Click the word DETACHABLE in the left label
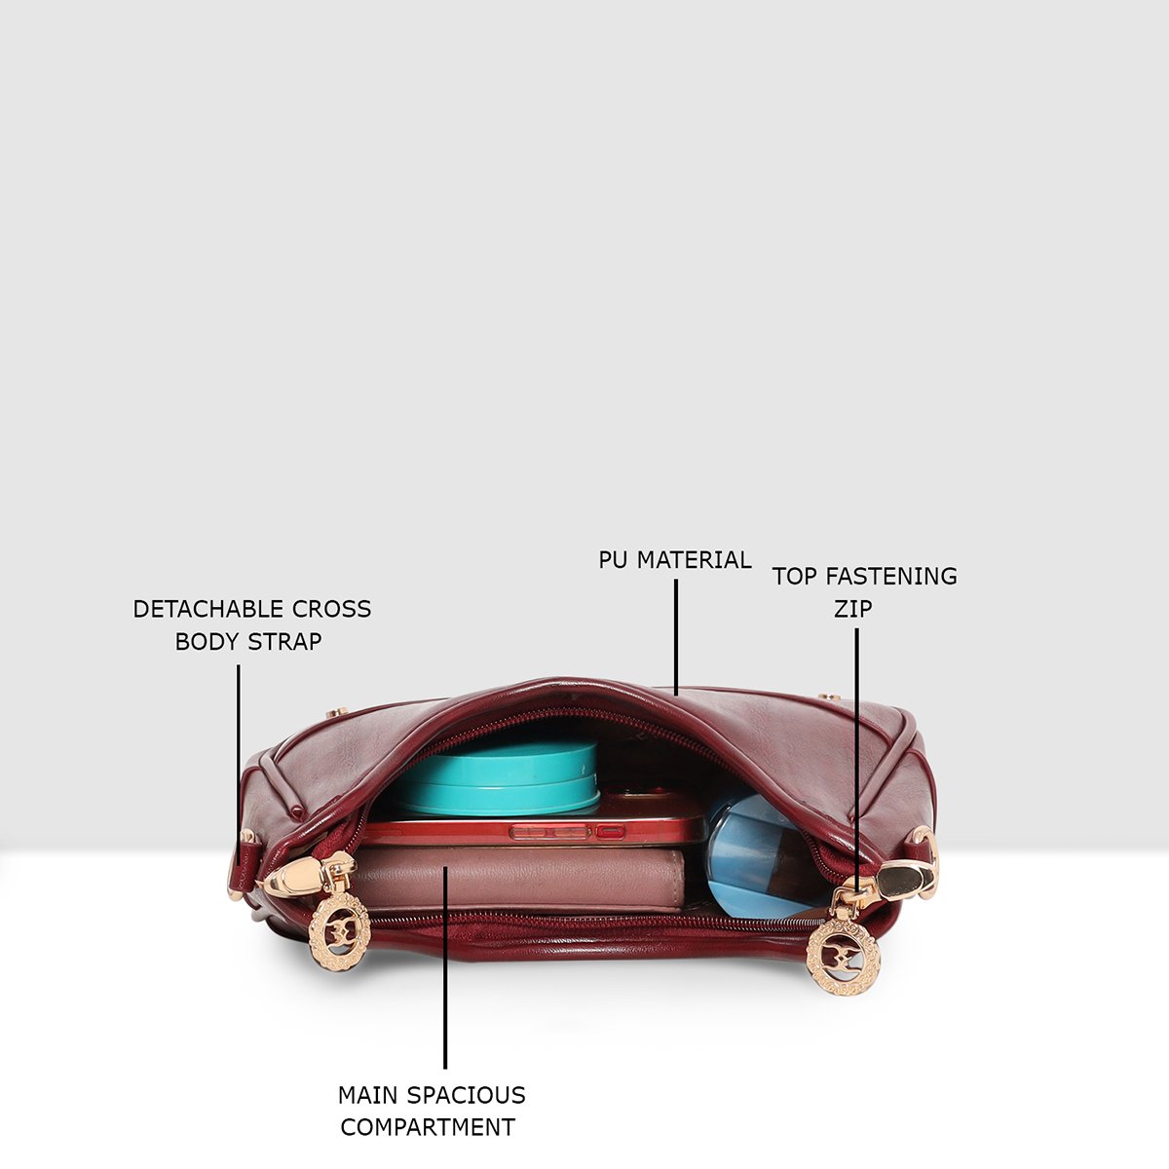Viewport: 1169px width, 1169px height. click(x=208, y=609)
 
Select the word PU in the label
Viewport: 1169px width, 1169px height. click(x=613, y=560)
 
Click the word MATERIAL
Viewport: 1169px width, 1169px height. click(x=694, y=560)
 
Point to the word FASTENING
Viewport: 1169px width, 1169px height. click(x=891, y=577)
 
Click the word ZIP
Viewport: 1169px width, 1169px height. click(x=853, y=609)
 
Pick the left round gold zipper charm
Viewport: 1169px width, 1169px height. click(x=339, y=932)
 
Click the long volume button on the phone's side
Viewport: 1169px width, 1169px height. click(x=550, y=832)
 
